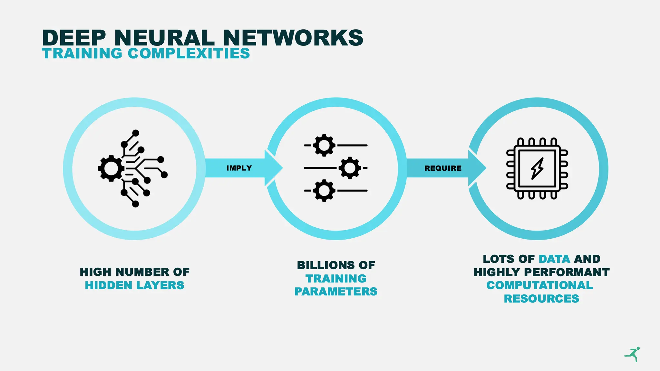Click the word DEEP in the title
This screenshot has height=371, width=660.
tap(74, 38)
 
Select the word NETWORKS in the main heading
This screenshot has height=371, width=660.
tap(293, 38)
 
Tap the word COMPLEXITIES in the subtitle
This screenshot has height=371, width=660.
tap(189, 53)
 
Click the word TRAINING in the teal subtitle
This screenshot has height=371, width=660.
tap(82, 53)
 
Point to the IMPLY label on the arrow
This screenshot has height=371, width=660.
tap(239, 168)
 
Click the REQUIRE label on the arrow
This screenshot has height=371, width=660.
tap(443, 168)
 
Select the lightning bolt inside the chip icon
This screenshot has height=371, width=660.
tap(537, 168)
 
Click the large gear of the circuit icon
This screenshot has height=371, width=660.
tap(111, 168)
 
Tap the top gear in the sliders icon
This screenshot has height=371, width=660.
tap(324, 145)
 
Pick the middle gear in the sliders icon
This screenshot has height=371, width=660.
tap(350, 168)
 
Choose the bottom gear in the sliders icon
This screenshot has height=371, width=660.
tap(324, 191)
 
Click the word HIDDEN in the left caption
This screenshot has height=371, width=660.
tap(108, 285)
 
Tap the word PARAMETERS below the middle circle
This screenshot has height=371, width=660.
tap(336, 291)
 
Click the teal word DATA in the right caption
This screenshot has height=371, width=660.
tap(554, 259)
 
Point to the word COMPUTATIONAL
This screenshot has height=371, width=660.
tap(540, 285)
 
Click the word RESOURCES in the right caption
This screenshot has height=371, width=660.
tap(541, 299)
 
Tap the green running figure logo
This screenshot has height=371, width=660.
tap(633, 354)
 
